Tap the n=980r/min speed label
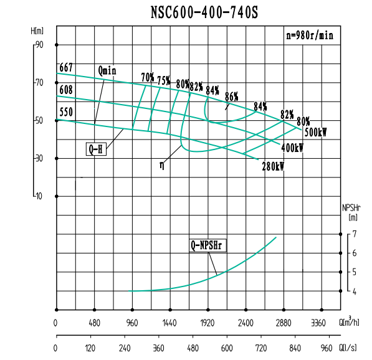click(310, 36)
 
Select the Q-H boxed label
click(96, 149)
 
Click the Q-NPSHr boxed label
click(207, 245)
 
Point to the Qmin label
click(107, 70)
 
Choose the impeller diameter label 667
click(66, 68)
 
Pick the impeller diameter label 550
click(66, 113)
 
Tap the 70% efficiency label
click(148, 77)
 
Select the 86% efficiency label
click(232, 97)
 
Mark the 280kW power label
click(273, 166)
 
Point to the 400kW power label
click(292, 148)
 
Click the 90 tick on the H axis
click(39, 45)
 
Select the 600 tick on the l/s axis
click(226, 348)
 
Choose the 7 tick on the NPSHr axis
click(353, 234)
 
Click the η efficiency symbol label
click(162, 165)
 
